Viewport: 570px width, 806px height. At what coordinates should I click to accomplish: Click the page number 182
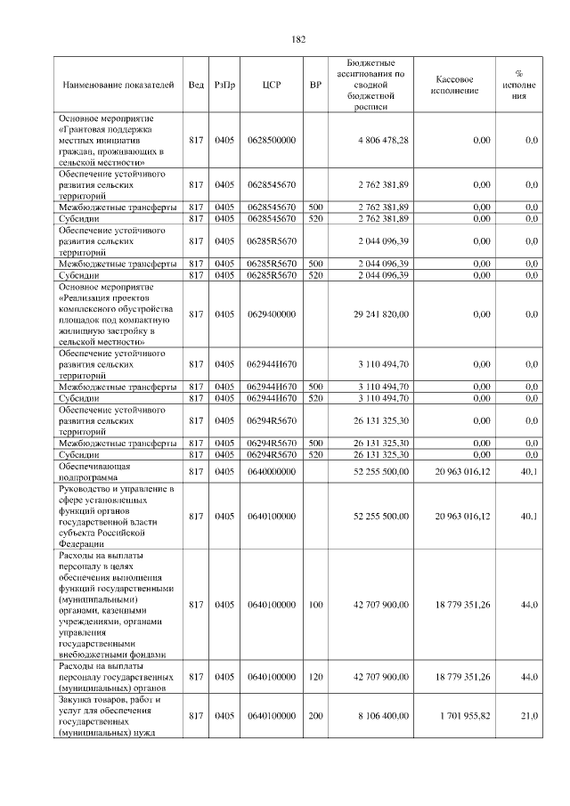point(298,38)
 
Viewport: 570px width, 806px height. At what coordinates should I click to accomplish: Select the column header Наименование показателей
point(118,85)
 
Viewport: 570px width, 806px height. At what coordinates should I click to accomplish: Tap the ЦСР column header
point(272,85)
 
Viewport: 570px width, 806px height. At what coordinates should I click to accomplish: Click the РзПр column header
point(225,85)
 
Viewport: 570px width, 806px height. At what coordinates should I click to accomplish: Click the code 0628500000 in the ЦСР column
point(272,141)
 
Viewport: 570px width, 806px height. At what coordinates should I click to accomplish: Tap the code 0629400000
point(272,314)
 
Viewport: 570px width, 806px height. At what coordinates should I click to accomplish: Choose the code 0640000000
point(272,471)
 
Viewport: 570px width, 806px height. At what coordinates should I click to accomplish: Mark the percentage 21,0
point(529,715)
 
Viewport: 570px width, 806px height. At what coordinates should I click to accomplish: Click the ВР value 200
point(315,715)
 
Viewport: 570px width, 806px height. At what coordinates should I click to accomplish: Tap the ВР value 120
point(315,677)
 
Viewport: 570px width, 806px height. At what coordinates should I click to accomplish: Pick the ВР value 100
point(315,605)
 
